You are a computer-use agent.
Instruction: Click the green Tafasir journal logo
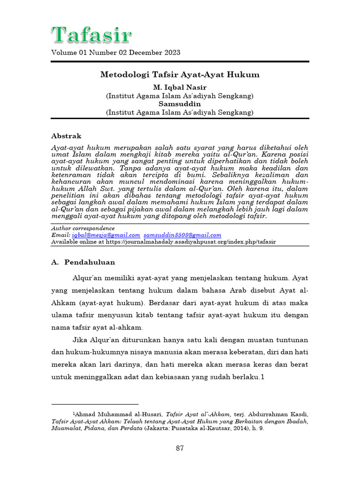click(91, 35)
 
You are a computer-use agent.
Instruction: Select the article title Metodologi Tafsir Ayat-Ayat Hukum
click(180, 75)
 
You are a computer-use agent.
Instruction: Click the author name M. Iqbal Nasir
click(180, 88)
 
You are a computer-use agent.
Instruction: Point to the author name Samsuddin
click(180, 104)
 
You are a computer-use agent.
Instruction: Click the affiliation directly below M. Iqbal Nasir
click(180, 96)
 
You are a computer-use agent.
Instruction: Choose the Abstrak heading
click(66, 136)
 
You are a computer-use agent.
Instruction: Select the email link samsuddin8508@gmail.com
click(182, 235)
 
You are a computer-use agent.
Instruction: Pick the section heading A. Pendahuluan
click(83, 262)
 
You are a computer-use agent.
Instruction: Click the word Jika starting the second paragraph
click(81, 339)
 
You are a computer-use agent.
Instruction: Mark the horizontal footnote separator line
click(95, 404)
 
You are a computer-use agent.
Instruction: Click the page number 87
click(180, 448)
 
